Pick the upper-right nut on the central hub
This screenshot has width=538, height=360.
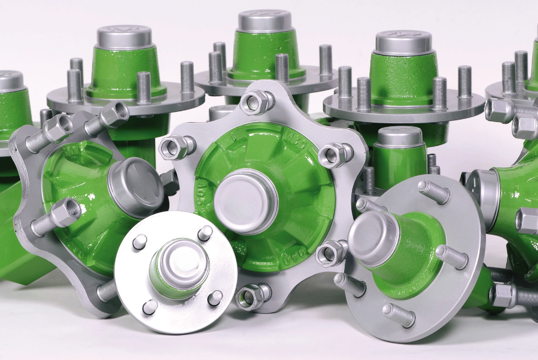(x=333, y=155)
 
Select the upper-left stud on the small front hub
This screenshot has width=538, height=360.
(x=139, y=241)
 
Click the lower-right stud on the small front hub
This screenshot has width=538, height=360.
(x=215, y=297)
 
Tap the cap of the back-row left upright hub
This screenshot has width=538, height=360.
(x=124, y=36)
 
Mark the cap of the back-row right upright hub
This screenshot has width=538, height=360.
(x=403, y=42)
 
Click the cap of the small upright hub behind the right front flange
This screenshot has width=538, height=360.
(x=400, y=137)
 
